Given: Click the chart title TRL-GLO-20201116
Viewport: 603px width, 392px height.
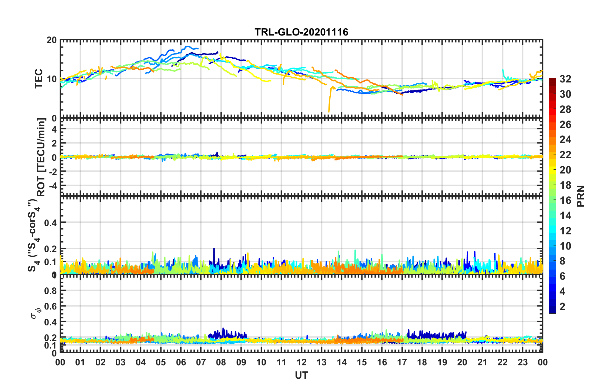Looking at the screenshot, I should point(301,32).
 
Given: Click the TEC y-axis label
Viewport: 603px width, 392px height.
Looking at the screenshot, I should point(39,79).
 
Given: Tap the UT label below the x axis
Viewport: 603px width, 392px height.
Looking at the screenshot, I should point(301,376).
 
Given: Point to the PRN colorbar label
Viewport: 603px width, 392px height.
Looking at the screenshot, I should point(580,196).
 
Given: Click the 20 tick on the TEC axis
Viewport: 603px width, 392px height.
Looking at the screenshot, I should point(52,40).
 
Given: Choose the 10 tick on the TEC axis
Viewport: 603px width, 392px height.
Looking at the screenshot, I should point(52,79).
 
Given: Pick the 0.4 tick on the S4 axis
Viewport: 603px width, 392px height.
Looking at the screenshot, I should point(50,223).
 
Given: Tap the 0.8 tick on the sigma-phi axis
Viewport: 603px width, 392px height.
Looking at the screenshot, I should point(50,291).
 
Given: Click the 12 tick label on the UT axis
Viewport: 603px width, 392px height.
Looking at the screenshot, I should point(301,362).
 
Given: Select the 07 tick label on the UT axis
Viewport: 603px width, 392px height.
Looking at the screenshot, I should point(201,362).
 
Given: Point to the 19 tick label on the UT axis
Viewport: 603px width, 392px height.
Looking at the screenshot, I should point(442,362).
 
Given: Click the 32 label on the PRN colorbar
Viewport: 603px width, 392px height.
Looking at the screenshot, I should point(565,79).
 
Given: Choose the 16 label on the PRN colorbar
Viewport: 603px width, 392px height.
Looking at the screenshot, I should point(565,200).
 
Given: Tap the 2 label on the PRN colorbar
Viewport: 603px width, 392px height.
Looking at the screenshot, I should point(563,306).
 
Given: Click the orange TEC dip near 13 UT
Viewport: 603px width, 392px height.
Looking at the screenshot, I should point(329,109).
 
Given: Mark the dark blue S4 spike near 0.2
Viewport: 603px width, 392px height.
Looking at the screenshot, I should point(214,249).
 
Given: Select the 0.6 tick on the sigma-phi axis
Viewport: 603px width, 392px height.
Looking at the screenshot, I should point(50,306).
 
